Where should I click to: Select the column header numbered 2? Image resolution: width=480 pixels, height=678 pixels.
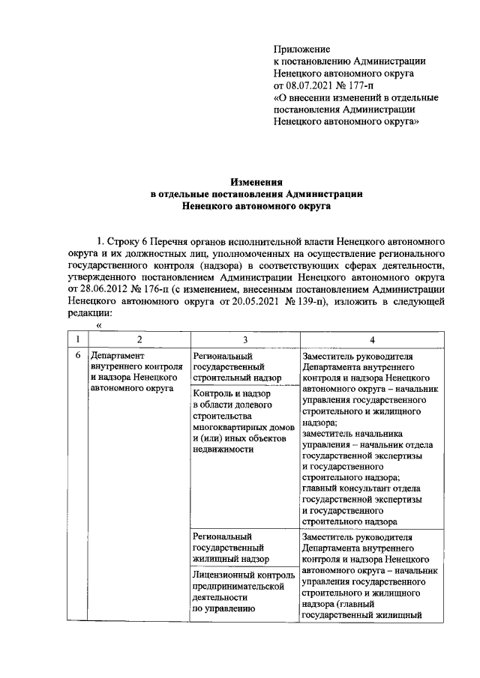tap(137, 339)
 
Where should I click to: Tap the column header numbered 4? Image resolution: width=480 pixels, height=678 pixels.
tap(371, 339)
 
